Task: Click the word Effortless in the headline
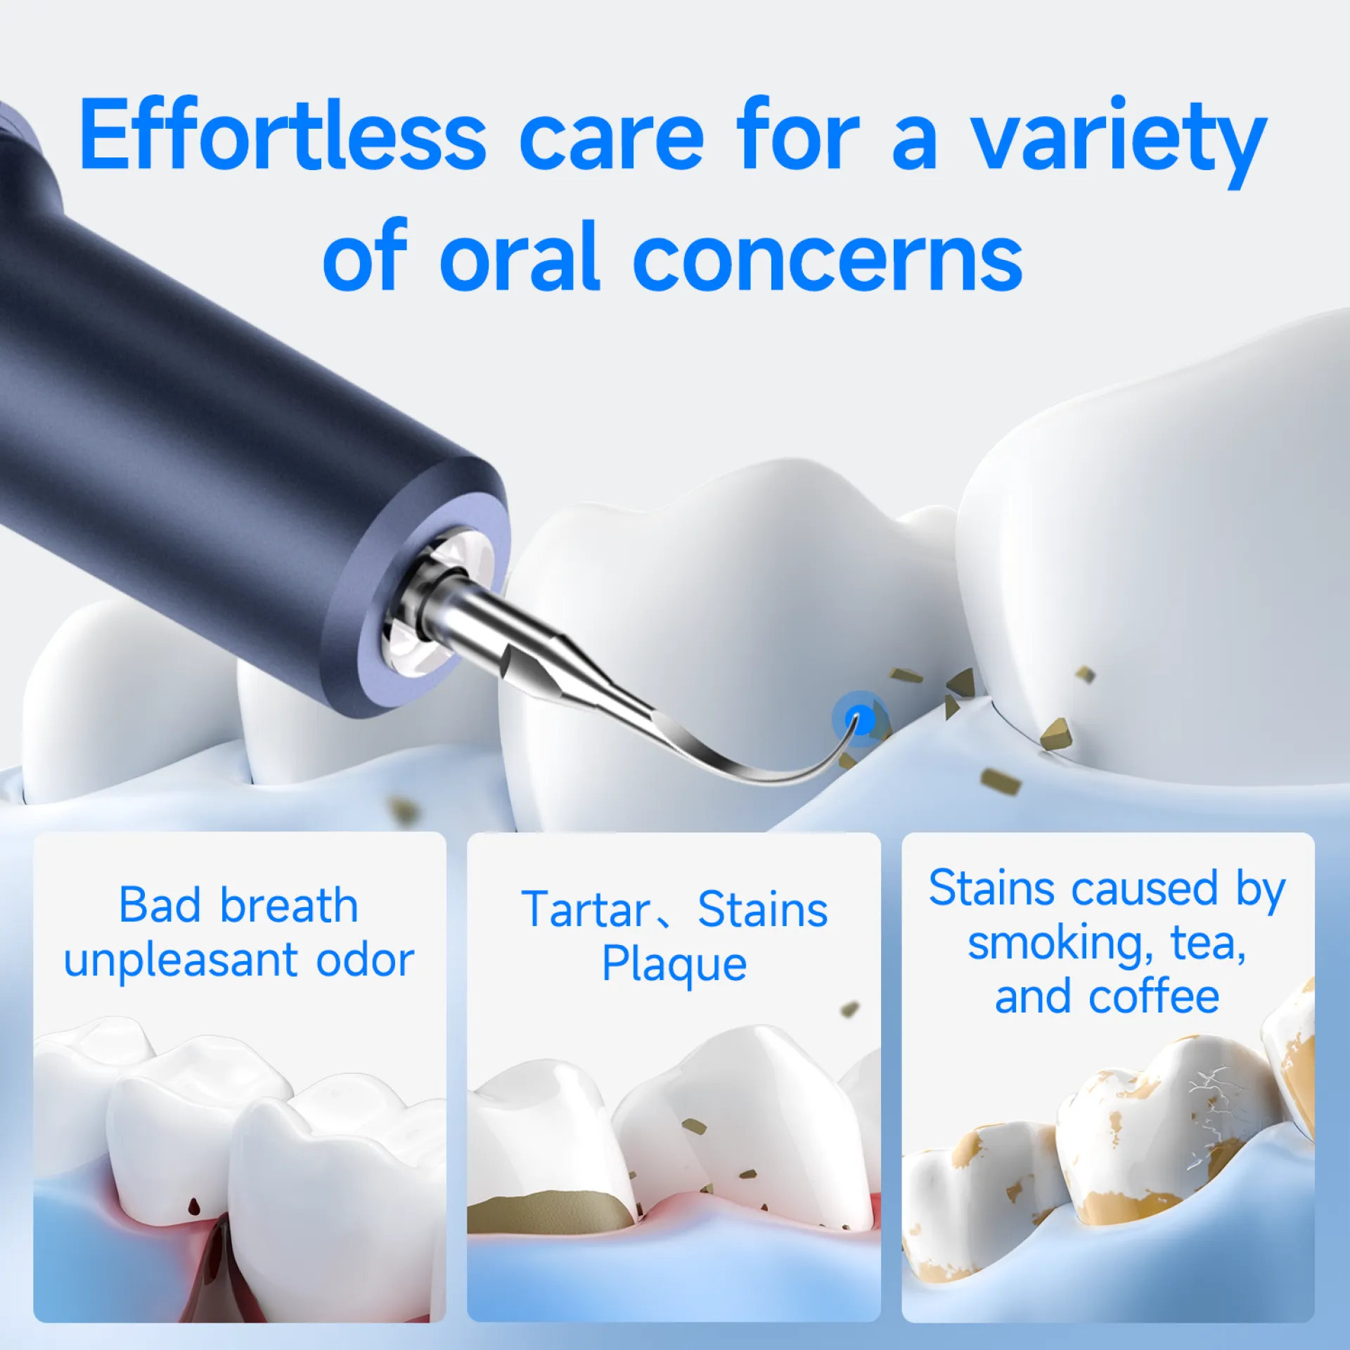(x=283, y=134)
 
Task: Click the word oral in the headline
(x=520, y=254)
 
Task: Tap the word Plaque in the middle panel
(x=674, y=965)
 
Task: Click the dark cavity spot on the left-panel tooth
(x=193, y=1205)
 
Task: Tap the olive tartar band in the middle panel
(x=553, y=1213)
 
